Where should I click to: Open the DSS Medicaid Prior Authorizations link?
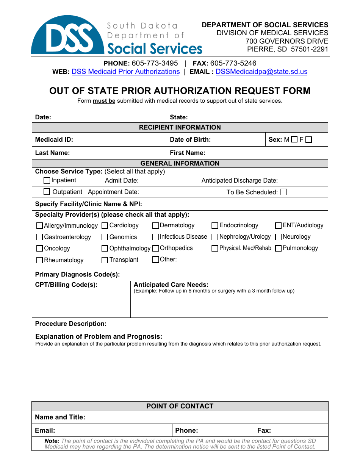click(x=125, y=72)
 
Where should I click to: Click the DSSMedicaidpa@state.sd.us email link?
click(x=261, y=72)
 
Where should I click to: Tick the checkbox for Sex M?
click(x=294, y=139)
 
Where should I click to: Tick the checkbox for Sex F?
click(x=308, y=139)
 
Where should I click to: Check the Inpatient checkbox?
click(x=47, y=180)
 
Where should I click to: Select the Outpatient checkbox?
click(x=47, y=192)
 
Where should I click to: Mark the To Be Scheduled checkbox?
click(x=284, y=192)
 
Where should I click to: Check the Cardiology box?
click(x=105, y=225)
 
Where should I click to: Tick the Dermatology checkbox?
click(x=155, y=225)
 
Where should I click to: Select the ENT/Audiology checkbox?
click(x=279, y=225)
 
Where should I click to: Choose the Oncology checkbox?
click(x=39, y=249)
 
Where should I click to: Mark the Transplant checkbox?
click(x=105, y=260)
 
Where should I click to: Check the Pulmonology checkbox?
click(x=279, y=249)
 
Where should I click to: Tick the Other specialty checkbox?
click(x=155, y=260)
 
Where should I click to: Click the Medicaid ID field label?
click(x=54, y=139)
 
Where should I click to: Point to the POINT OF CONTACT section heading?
click(x=180, y=406)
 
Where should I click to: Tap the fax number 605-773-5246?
click(x=233, y=63)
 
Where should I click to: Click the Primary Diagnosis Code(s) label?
click(x=77, y=274)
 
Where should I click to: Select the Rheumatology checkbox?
click(x=39, y=260)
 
